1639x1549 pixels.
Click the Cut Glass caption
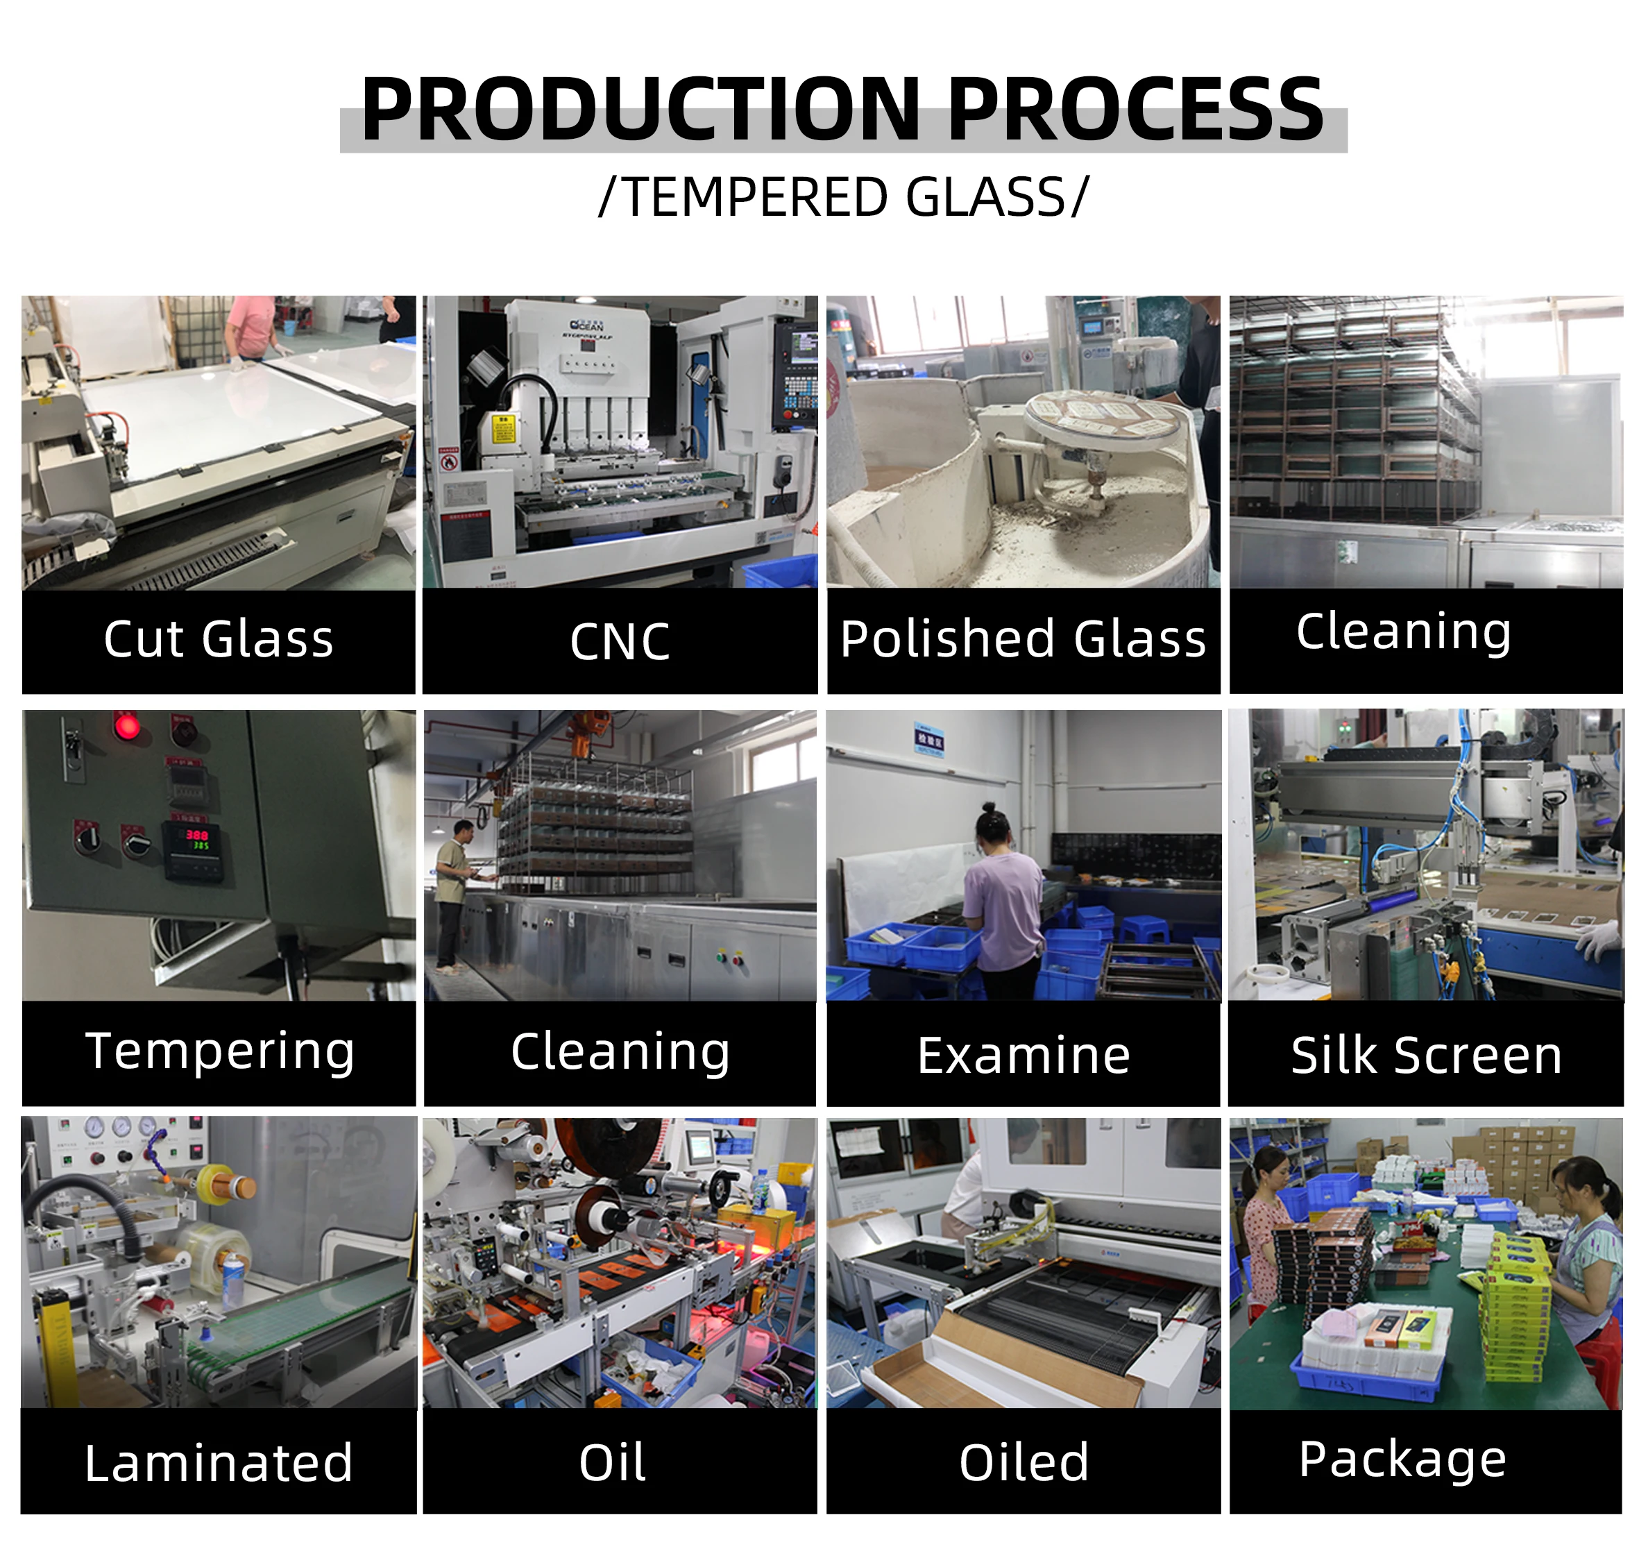tap(219, 640)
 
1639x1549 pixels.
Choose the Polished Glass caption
tap(1023, 640)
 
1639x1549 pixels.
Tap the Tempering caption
tap(220, 1052)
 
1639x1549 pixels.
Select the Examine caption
tap(1023, 1056)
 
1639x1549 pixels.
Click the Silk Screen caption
tap(1426, 1056)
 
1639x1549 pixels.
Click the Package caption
tap(1402, 1459)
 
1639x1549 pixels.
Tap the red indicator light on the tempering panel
tap(126, 727)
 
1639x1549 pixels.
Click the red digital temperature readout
tap(196, 835)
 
